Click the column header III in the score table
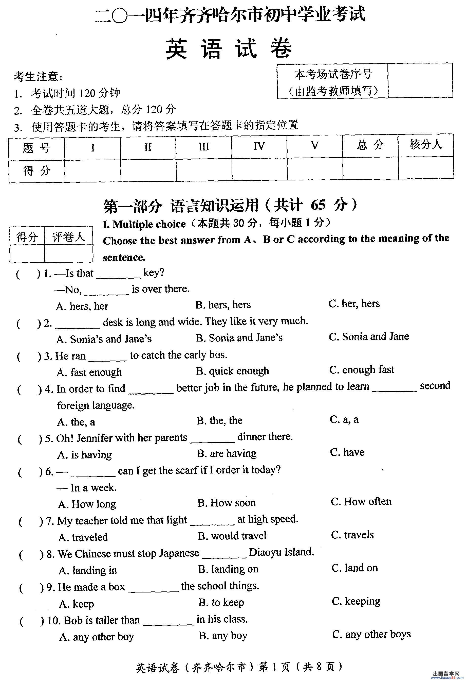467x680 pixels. [204, 147]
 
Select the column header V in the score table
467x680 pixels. [314, 146]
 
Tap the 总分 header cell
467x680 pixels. [370, 145]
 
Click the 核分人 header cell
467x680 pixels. [426, 144]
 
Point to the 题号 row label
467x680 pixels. [36, 148]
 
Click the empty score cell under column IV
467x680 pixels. [259, 169]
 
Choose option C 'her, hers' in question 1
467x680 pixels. [354, 303]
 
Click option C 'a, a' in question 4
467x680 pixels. [344, 419]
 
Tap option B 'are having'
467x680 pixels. [227, 453]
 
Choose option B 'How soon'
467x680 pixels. [227, 503]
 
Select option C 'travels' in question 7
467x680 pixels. [352, 535]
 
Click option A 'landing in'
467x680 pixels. [88, 570]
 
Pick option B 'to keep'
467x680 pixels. [221, 602]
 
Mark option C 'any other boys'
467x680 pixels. [372, 634]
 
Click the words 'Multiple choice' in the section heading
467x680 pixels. [149, 224]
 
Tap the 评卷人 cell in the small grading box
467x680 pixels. [68, 237]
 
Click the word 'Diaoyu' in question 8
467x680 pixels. [265, 552]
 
